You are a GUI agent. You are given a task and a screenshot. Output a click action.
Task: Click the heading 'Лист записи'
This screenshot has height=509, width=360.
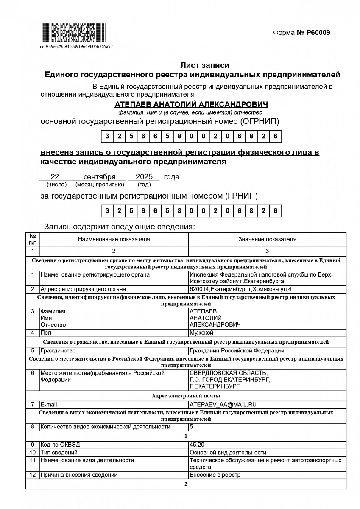(205, 65)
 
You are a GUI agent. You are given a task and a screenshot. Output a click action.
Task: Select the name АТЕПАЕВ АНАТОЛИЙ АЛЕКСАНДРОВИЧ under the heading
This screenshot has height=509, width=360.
(191, 104)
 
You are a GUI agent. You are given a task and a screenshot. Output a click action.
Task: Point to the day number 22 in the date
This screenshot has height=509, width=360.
(55, 177)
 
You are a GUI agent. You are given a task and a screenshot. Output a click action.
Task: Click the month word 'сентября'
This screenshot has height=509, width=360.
(100, 177)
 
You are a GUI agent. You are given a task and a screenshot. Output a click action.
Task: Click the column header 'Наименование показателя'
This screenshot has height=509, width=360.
(114, 239)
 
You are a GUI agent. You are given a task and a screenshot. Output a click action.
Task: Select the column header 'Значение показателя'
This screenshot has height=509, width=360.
(267, 239)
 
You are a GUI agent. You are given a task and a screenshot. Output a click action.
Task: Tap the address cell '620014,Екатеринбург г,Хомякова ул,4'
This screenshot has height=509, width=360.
(240, 289)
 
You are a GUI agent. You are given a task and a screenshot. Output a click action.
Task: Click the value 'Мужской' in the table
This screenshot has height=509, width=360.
(201, 333)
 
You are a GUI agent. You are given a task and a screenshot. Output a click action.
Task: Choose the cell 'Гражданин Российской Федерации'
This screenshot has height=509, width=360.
(237, 351)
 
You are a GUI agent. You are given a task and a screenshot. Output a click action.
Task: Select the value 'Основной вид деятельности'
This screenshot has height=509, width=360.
(228, 453)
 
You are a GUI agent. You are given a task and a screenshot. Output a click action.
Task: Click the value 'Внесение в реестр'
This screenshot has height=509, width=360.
(215, 475)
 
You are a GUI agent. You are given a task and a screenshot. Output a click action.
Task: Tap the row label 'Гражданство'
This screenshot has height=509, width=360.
(58, 351)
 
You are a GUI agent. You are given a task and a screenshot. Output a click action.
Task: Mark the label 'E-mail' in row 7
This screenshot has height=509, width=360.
(49, 405)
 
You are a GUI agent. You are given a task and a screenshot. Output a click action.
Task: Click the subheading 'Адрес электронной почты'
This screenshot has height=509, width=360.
(186, 396)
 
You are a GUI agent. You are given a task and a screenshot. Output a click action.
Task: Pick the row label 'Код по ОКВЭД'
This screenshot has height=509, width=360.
(60, 445)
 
